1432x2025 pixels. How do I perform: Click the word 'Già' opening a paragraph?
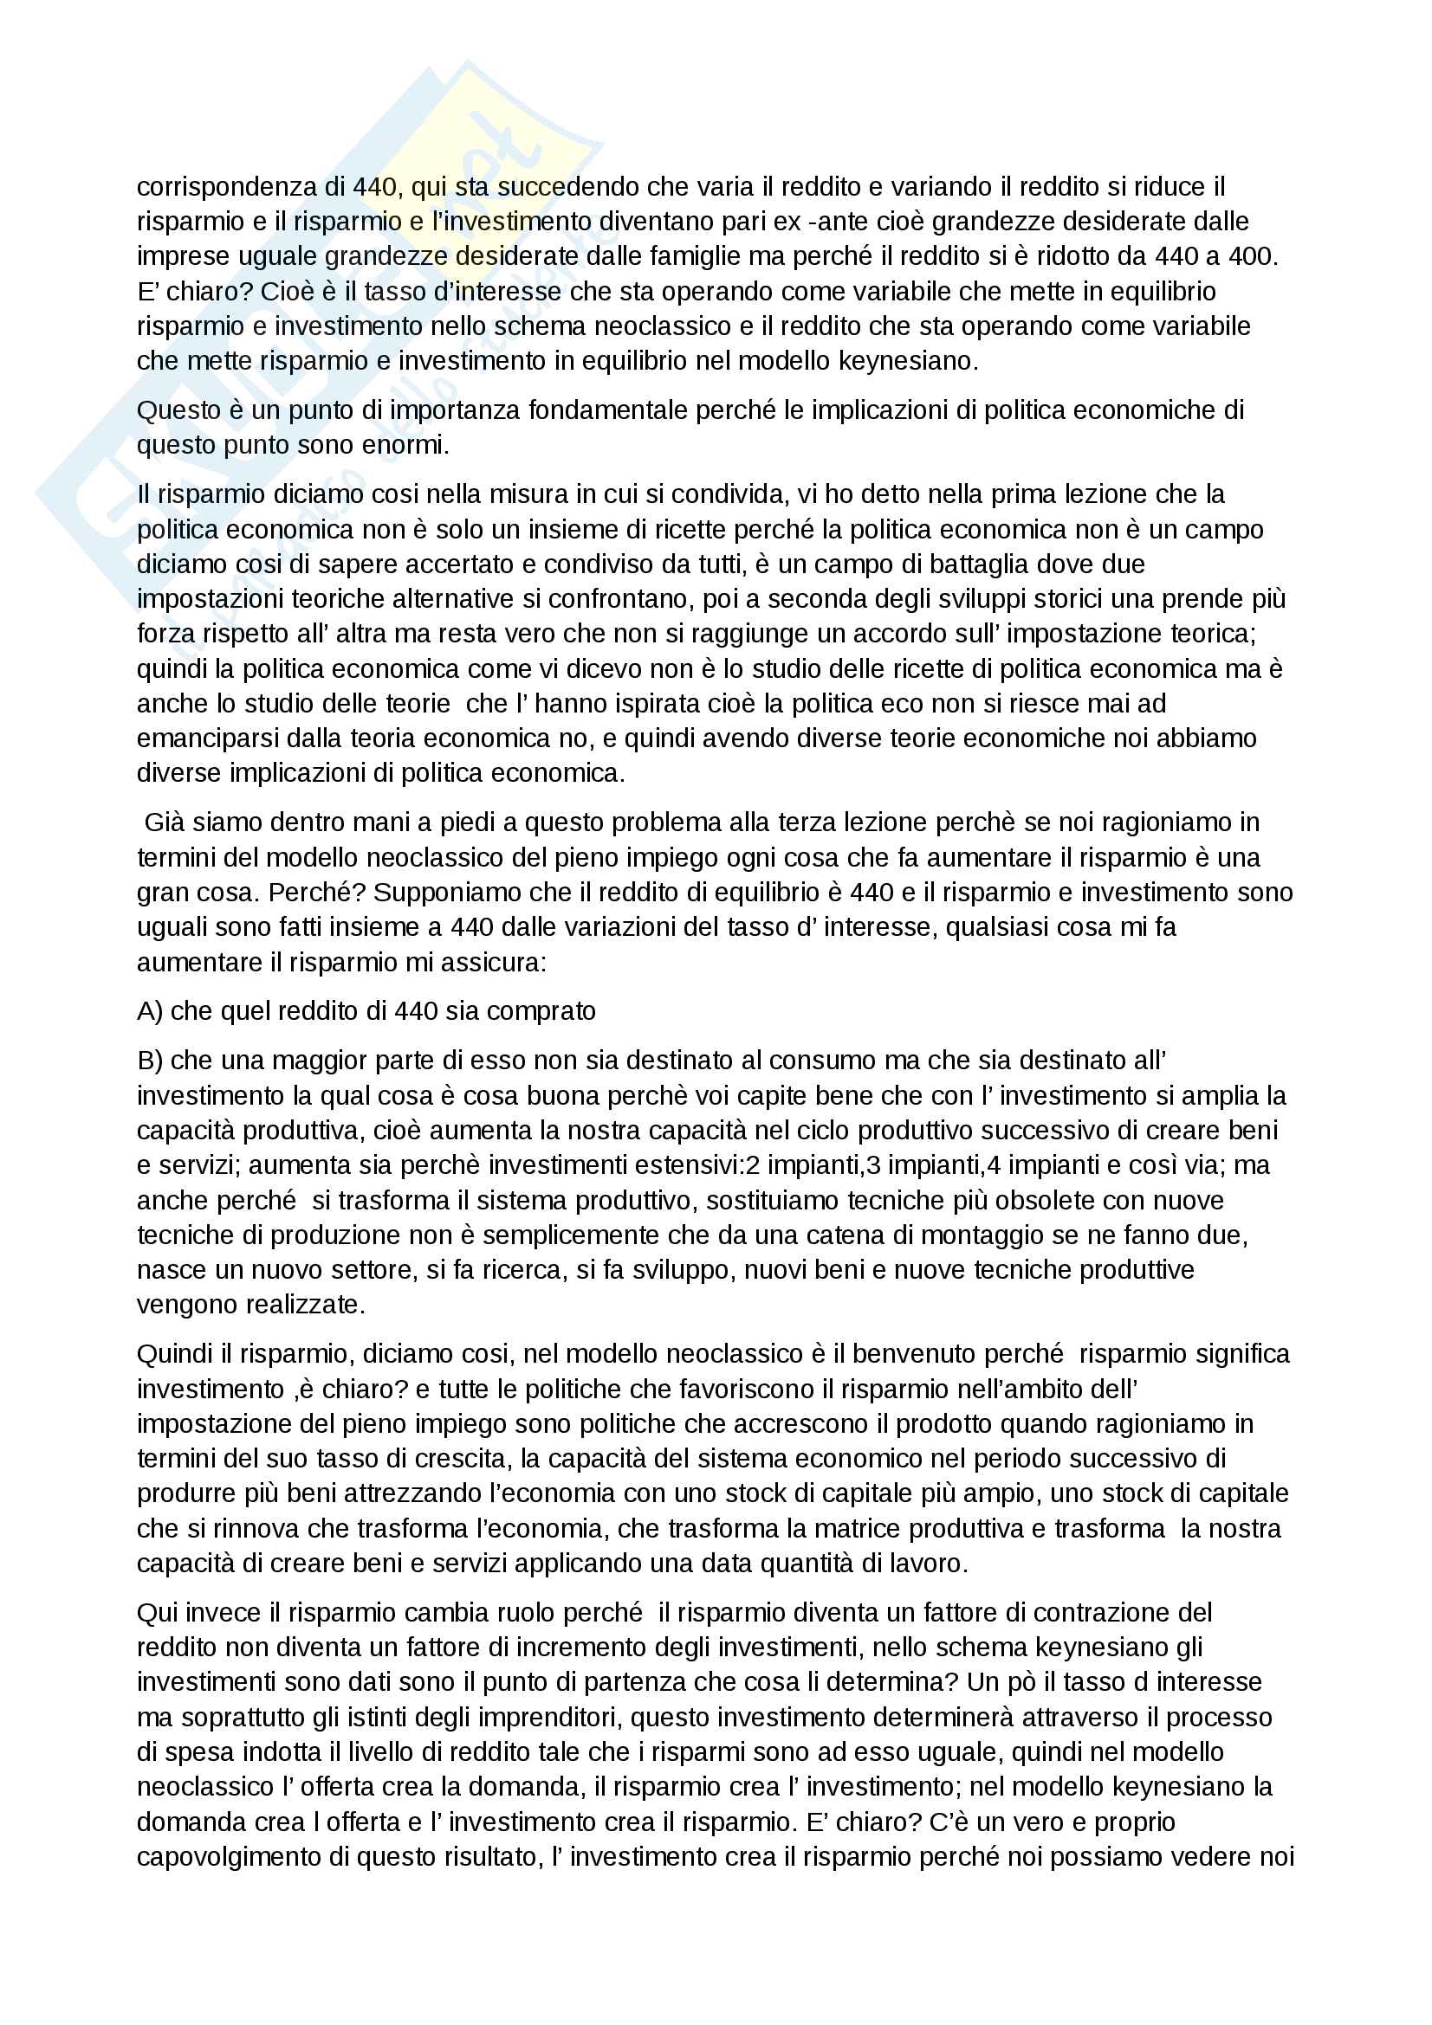point(165,822)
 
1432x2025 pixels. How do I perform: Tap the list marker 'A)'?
point(150,1010)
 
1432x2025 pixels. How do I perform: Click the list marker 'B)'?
point(150,1061)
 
